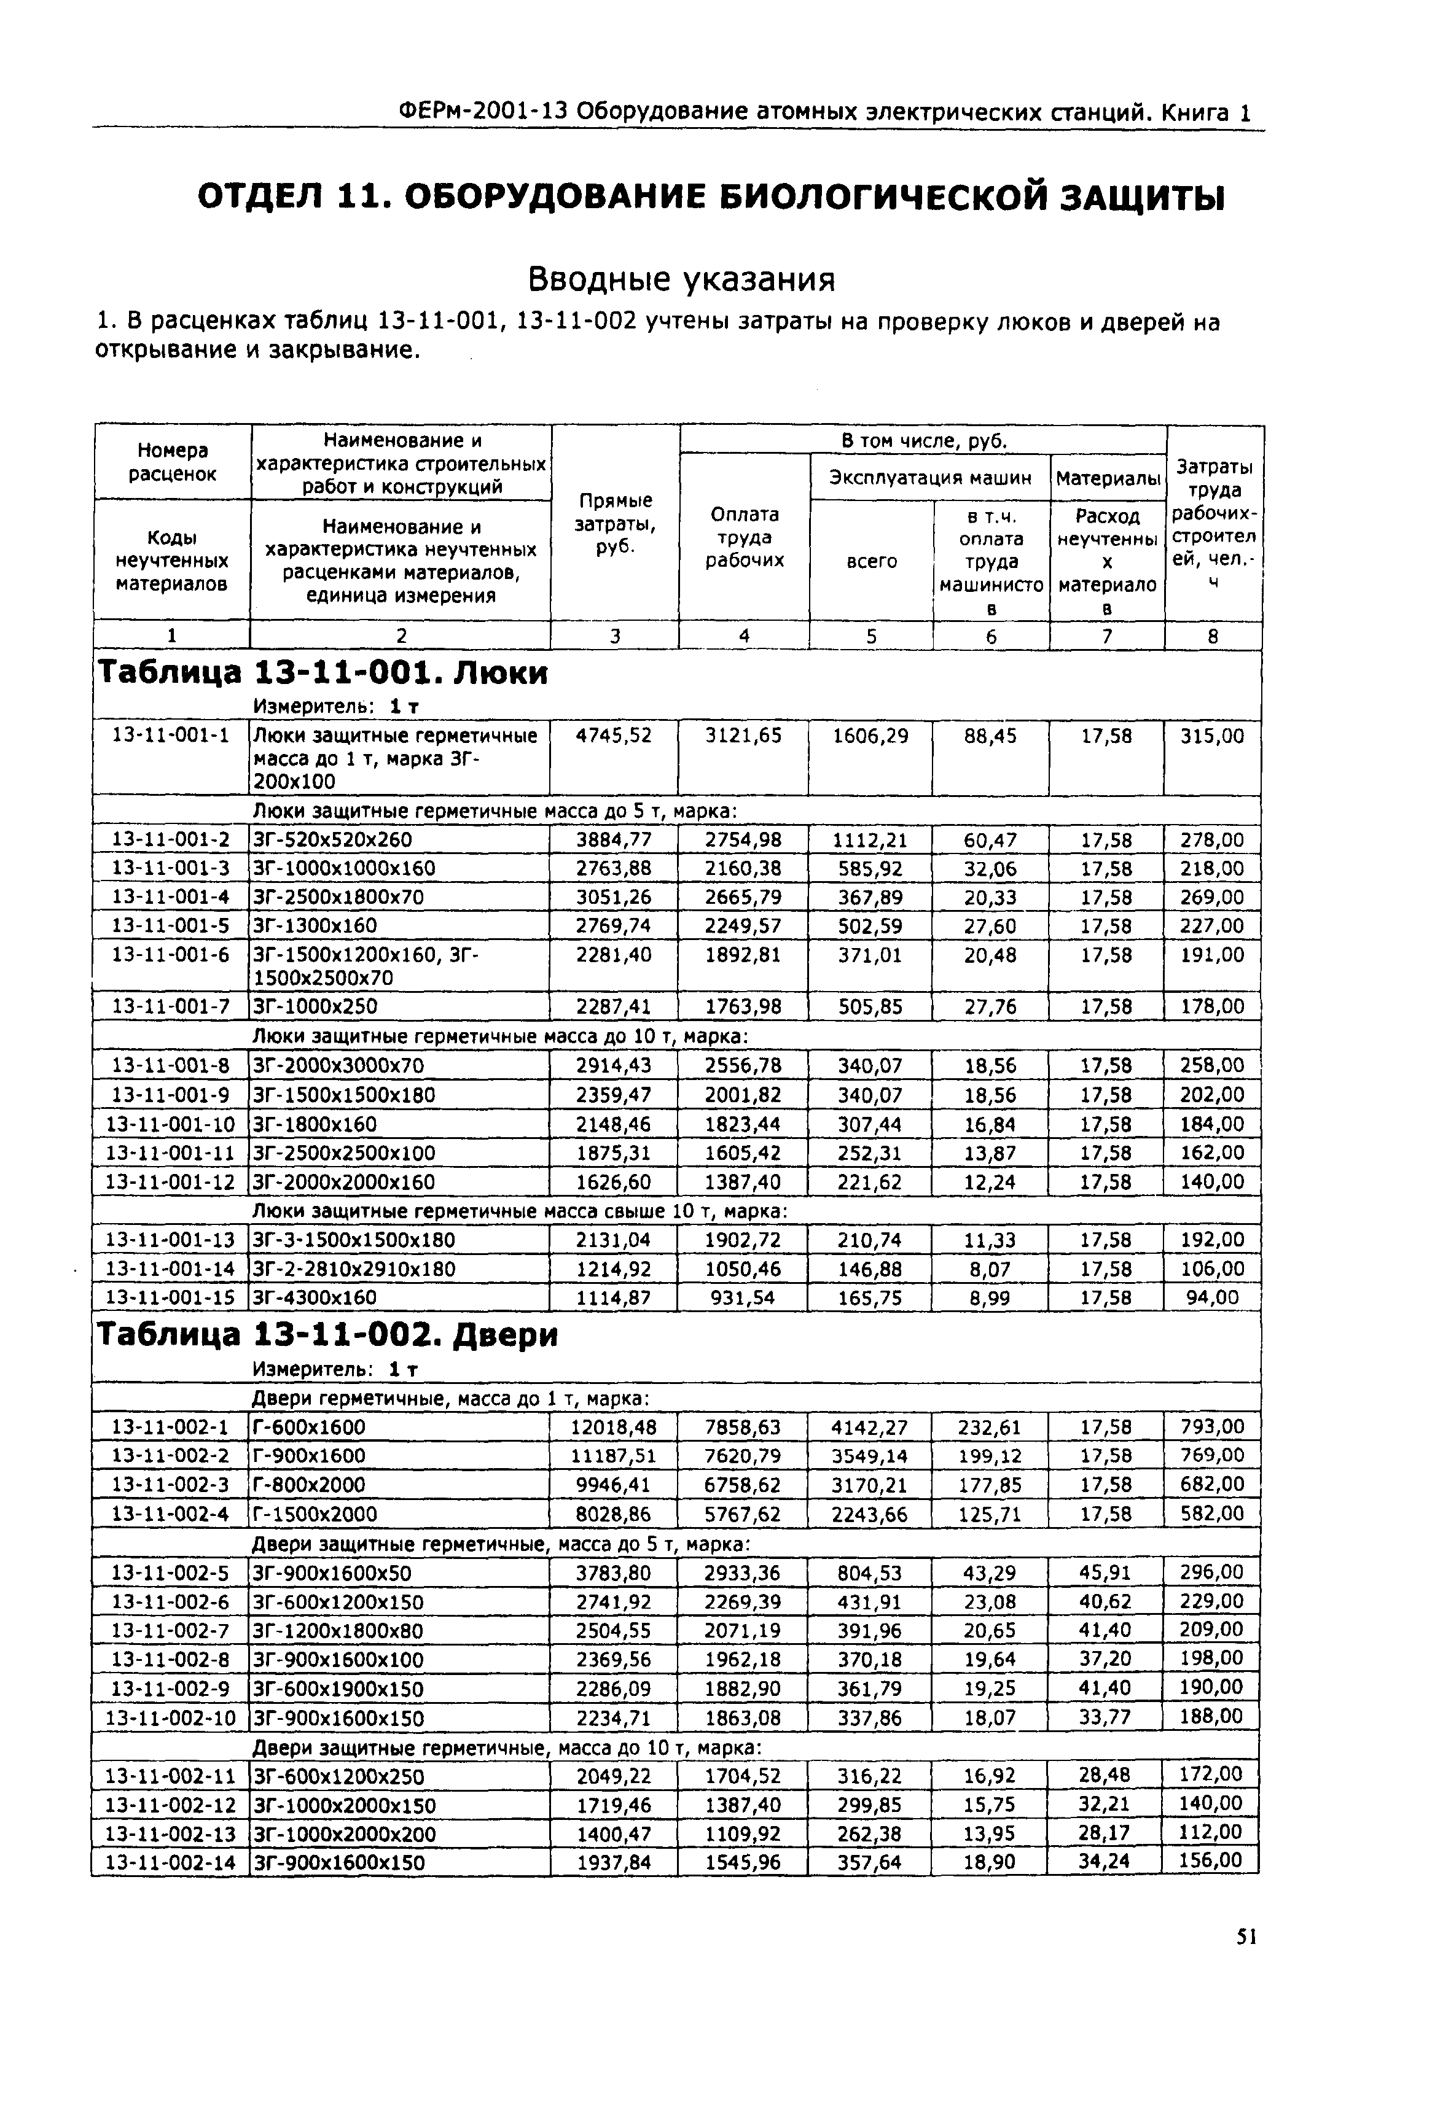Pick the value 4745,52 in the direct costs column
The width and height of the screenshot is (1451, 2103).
(x=614, y=735)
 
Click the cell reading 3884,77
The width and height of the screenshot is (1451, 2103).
(x=614, y=840)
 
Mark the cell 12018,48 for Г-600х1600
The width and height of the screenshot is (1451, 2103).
(x=614, y=1427)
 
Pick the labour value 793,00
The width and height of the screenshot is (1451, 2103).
(x=1211, y=1427)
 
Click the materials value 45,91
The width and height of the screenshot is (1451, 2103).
(x=1106, y=1573)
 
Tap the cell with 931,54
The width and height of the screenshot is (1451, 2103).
(x=743, y=1298)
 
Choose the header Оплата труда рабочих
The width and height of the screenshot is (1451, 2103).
(x=744, y=537)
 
